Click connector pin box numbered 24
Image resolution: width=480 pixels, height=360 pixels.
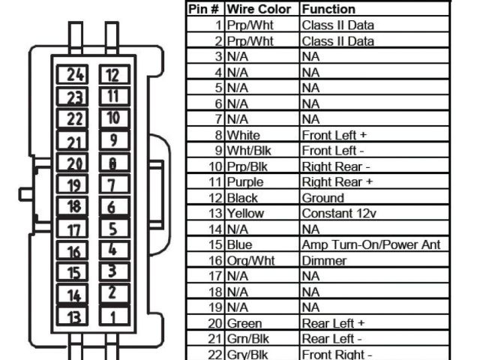(x=75, y=74)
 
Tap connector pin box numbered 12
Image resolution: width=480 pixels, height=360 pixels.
(x=112, y=74)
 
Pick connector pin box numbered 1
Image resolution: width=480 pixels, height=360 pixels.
(x=112, y=316)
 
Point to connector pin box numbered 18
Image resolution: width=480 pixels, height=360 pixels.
(x=75, y=207)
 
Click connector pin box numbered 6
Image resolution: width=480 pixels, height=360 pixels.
(x=112, y=207)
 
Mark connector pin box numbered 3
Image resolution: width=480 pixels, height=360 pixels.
(x=112, y=272)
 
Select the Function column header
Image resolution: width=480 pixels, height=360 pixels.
(x=328, y=9)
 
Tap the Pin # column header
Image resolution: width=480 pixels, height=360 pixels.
(x=203, y=9)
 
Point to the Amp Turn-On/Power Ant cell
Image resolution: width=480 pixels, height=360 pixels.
(x=370, y=244)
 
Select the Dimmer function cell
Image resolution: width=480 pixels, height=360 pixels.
(x=324, y=260)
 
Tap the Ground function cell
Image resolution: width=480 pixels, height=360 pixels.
(x=322, y=197)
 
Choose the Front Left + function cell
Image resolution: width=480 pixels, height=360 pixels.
(x=333, y=135)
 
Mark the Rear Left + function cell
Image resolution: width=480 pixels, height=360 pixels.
(x=333, y=323)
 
